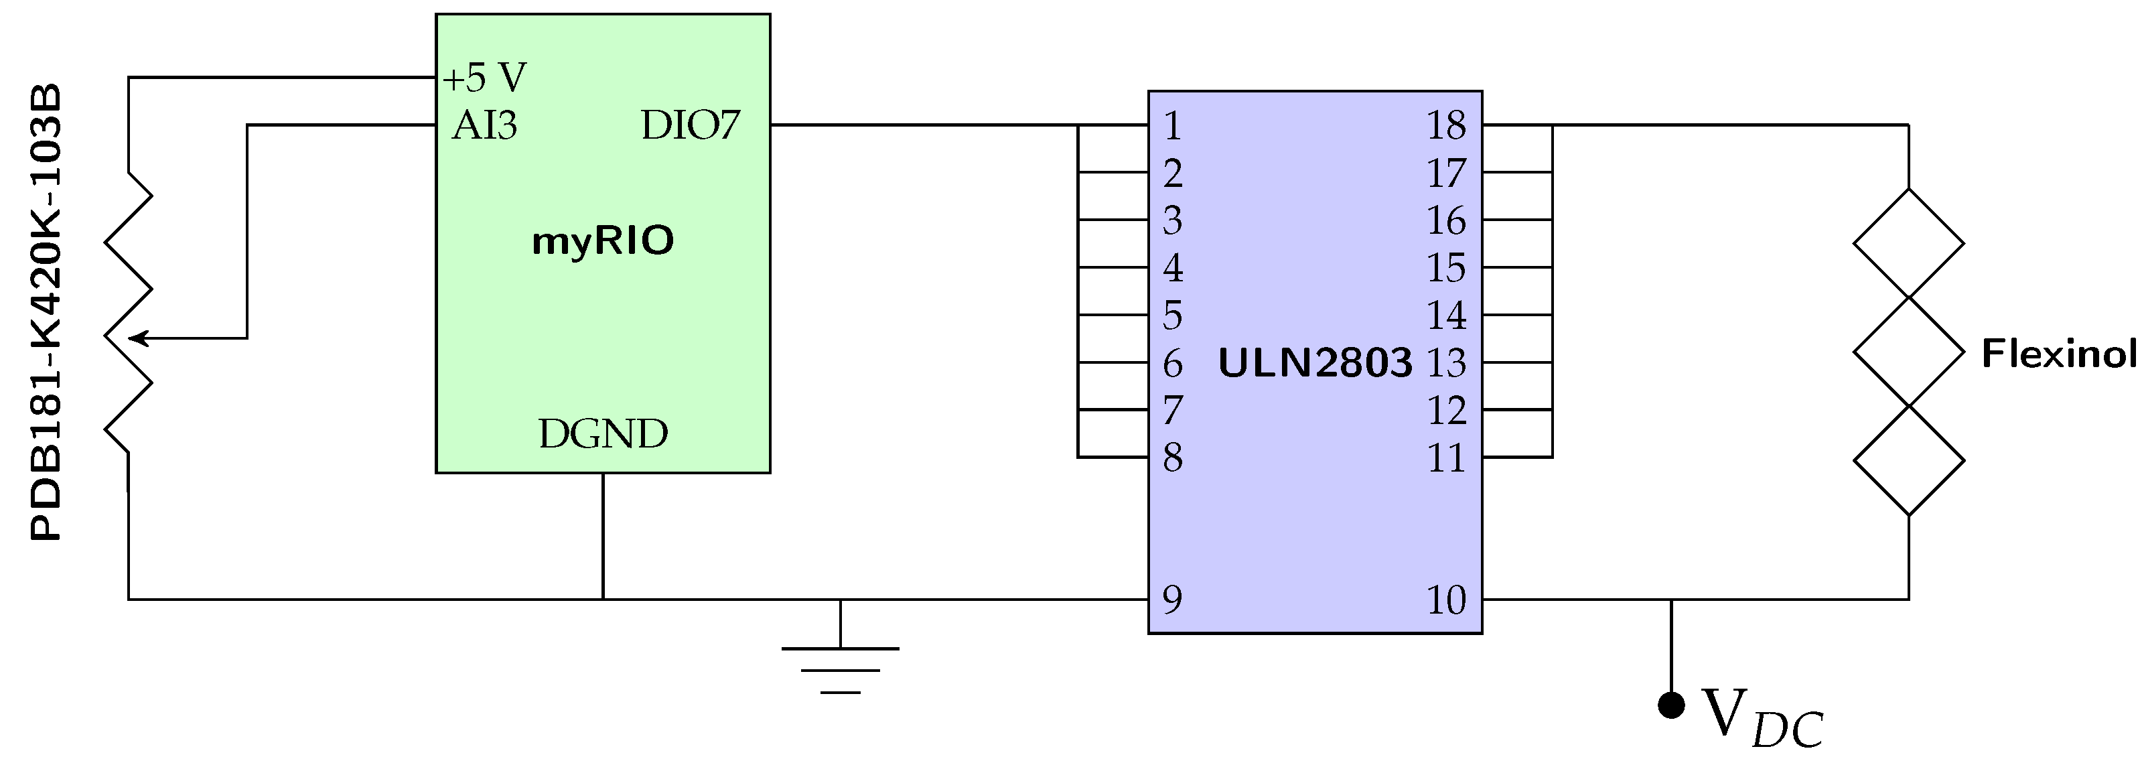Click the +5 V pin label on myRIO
(484, 78)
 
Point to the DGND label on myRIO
(603, 434)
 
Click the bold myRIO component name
(603, 241)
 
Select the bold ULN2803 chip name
(1315, 363)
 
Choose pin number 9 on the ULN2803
(1172, 600)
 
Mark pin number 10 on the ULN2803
(1446, 600)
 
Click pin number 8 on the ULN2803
(1172, 458)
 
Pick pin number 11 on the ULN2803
(1446, 458)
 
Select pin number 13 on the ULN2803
(1446, 363)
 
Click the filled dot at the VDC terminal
(1671, 705)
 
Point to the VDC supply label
(1761, 717)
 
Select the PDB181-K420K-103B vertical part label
(46, 312)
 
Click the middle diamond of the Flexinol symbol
(1909, 352)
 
